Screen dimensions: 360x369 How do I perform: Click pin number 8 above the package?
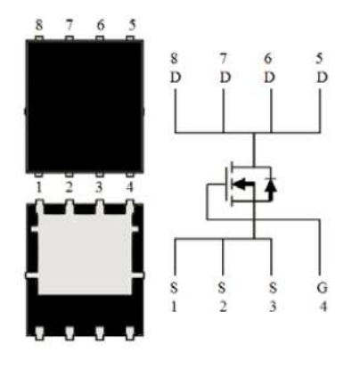(x=39, y=25)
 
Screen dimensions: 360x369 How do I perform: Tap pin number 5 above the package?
(x=132, y=25)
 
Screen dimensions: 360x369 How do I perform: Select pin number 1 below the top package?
(x=38, y=187)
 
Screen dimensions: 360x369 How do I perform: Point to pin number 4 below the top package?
(x=129, y=187)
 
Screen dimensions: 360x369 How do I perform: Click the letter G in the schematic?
(x=322, y=288)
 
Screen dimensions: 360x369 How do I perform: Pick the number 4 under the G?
(x=323, y=307)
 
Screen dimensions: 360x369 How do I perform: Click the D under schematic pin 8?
(x=176, y=78)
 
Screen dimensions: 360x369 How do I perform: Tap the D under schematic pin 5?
(x=322, y=78)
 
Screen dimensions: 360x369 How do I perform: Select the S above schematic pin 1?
(x=174, y=288)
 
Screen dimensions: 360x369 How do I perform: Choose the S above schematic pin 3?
(x=273, y=288)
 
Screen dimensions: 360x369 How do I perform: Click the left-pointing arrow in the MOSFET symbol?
(x=243, y=184)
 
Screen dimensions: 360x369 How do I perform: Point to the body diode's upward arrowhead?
(x=271, y=184)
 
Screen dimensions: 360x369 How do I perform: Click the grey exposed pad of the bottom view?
(x=85, y=253)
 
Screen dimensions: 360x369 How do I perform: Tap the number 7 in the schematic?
(x=224, y=59)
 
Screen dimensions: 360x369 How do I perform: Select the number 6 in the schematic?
(x=268, y=59)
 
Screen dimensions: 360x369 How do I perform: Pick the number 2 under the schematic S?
(x=224, y=307)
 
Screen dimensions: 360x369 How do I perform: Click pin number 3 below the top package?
(x=99, y=187)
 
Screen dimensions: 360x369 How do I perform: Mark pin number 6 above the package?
(x=101, y=25)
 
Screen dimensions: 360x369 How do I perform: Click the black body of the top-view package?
(x=85, y=106)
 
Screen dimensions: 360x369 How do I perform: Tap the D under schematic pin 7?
(x=225, y=78)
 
